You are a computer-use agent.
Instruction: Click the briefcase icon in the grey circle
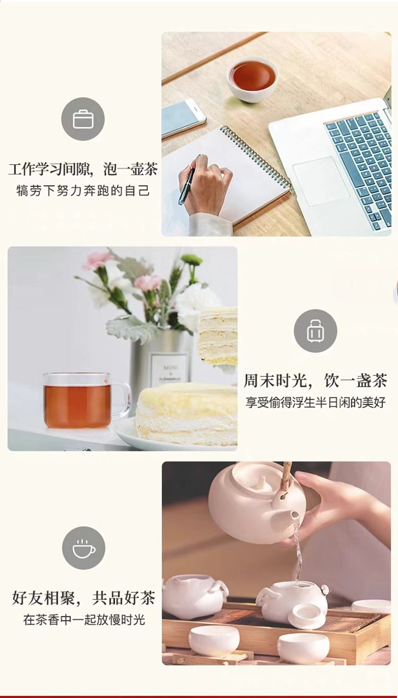(83, 119)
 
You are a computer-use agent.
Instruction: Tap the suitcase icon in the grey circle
(315, 331)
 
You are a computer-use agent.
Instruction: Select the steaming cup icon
(84, 548)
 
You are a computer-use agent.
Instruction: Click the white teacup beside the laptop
(253, 79)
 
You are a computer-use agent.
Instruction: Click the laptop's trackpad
(321, 180)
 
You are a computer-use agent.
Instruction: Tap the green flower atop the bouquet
(191, 259)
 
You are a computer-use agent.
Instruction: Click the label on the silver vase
(169, 368)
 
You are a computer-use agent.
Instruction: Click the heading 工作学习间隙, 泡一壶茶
(83, 169)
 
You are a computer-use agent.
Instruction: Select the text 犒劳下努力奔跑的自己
(83, 191)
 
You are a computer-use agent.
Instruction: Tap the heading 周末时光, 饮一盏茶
(315, 381)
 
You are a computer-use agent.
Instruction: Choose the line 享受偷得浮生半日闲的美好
(315, 402)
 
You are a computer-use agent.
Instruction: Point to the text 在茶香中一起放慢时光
(84, 620)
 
